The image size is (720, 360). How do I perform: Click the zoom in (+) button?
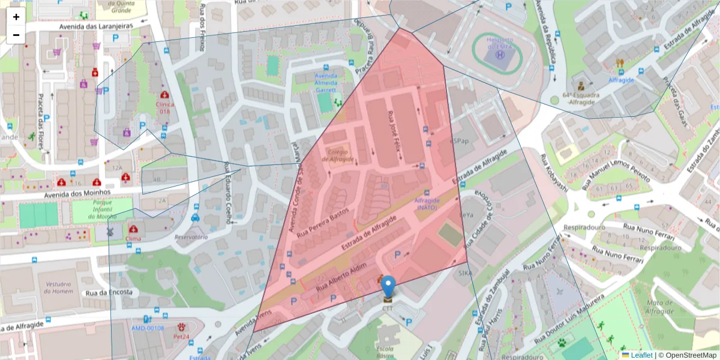[16, 17]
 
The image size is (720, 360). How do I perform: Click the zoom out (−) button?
[16, 35]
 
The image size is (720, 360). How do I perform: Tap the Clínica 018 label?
[165, 107]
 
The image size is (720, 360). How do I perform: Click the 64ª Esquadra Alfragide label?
[581, 98]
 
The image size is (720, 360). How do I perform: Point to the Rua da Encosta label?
[109, 293]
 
